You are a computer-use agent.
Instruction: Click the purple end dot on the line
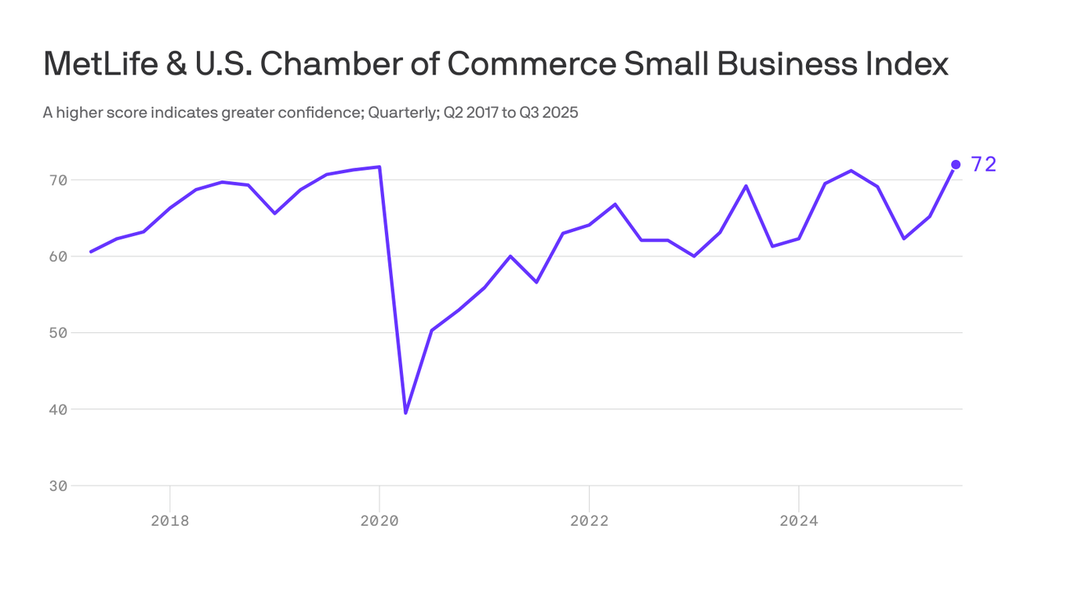click(x=955, y=165)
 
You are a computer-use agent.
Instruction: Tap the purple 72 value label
click(x=983, y=165)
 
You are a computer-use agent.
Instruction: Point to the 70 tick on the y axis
click(x=59, y=180)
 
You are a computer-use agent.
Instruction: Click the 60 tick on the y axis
click(x=59, y=256)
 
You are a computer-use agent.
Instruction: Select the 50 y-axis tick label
click(x=59, y=333)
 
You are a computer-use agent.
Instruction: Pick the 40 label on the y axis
click(x=59, y=409)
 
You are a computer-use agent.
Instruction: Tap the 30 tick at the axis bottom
click(x=59, y=486)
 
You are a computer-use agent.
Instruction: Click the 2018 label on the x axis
click(x=170, y=520)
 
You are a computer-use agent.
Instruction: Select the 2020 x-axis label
click(x=379, y=520)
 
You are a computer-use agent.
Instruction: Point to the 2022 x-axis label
click(x=589, y=520)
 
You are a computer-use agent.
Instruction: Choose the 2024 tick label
click(x=798, y=520)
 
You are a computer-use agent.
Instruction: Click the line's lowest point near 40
click(x=405, y=412)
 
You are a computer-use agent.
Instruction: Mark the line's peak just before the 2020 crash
click(x=379, y=167)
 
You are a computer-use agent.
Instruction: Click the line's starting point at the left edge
click(x=91, y=252)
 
